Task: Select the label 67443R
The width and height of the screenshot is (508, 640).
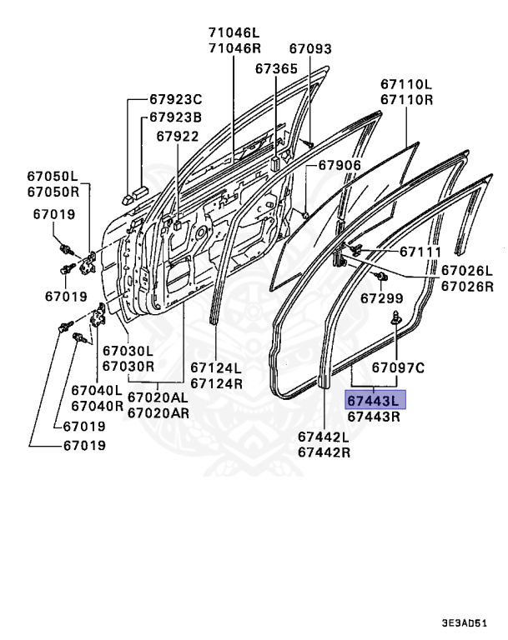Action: (x=375, y=416)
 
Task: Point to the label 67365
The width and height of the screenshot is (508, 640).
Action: (x=276, y=67)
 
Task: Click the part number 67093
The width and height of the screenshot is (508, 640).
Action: (x=310, y=49)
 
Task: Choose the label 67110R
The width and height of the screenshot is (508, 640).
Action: (x=406, y=99)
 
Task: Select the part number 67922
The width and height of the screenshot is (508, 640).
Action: (x=176, y=136)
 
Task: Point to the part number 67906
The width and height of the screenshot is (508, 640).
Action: (x=339, y=166)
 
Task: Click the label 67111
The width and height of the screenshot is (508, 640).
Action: (x=420, y=251)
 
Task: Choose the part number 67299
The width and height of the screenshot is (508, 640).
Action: (x=382, y=297)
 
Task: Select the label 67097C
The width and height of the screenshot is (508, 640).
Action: (x=399, y=366)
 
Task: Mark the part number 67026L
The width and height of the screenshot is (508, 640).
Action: (x=467, y=271)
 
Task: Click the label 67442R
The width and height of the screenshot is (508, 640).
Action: (x=324, y=452)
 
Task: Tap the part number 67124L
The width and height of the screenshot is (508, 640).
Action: (x=216, y=367)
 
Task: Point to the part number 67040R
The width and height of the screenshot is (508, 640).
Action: (x=97, y=406)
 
